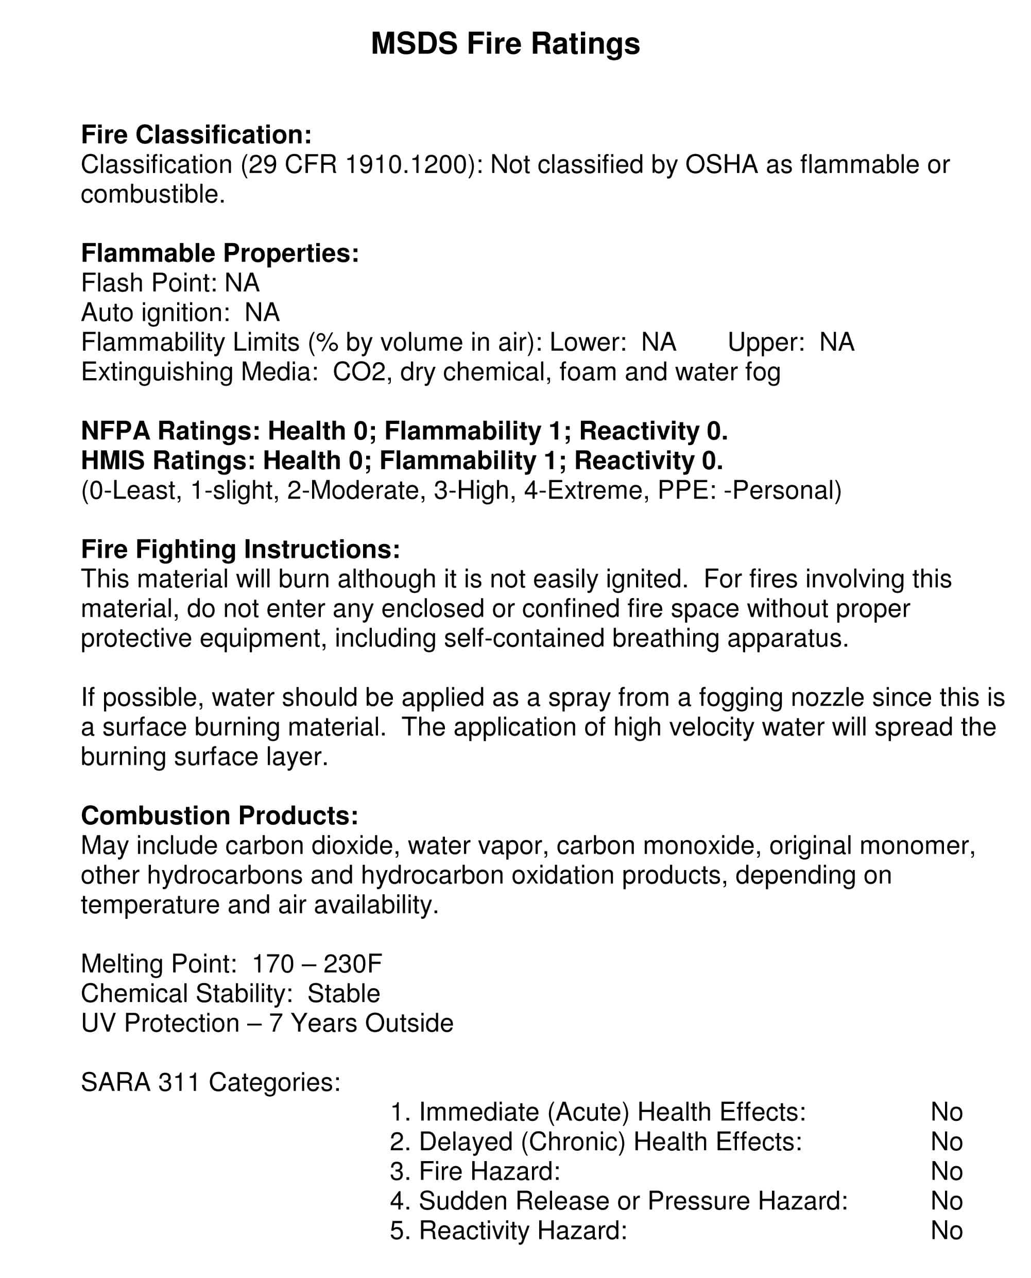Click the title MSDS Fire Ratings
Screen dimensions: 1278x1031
click(x=505, y=43)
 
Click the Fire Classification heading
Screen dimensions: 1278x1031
click(x=196, y=135)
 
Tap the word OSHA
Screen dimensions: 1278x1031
click(x=721, y=164)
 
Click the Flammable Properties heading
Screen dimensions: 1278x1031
click(x=220, y=253)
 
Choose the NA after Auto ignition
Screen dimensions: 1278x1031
click(x=262, y=313)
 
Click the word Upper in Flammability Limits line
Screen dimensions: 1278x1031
click(x=765, y=342)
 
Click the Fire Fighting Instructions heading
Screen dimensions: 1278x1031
click(x=240, y=549)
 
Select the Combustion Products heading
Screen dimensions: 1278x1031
click(x=219, y=816)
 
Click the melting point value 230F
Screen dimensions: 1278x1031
click(x=352, y=964)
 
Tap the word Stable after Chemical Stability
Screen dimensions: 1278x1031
click(x=343, y=994)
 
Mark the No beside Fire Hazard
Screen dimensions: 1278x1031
click(x=947, y=1171)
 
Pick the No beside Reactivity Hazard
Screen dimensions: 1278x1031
click(x=947, y=1231)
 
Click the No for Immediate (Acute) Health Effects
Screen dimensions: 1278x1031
click(x=947, y=1112)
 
